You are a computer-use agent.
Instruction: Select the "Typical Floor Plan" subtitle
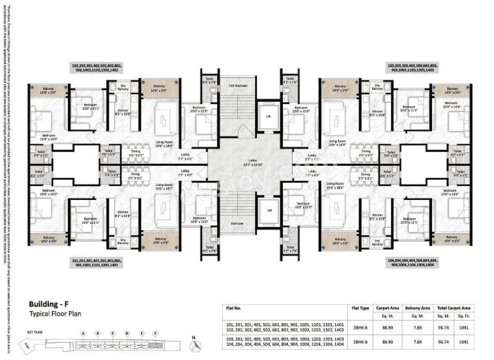56,313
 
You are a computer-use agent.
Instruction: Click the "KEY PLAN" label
35,331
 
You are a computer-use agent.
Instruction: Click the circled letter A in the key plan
83,333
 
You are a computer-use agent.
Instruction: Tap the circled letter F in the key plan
156,333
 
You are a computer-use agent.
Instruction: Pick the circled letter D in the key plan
127,333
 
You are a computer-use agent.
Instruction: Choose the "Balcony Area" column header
417,308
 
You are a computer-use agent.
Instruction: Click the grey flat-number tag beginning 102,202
96,68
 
